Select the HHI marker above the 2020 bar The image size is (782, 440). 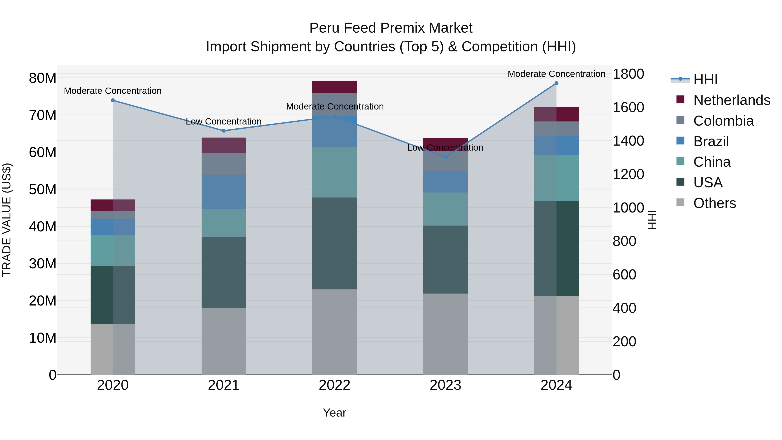[113, 100]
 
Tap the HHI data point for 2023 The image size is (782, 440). [445, 157]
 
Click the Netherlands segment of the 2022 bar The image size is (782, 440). [334, 87]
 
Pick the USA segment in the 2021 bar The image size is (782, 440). [224, 272]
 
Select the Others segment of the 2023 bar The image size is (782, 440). [445, 334]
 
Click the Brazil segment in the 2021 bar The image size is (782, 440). [224, 192]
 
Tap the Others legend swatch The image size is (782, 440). [680, 203]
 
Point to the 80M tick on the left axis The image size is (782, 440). [43, 78]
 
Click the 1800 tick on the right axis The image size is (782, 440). [628, 74]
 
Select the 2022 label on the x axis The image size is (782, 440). [334, 385]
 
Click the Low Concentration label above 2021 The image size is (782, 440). [224, 121]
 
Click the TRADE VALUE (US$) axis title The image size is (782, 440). [7, 220]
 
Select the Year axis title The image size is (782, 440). [334, 413]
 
